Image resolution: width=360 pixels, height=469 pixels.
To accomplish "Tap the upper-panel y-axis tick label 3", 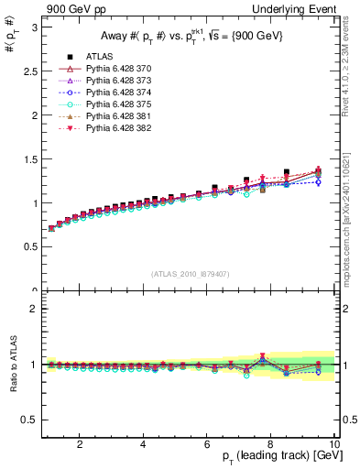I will tap(33, 27).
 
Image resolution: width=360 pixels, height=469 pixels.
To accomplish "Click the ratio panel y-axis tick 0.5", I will tap(29, 420).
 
